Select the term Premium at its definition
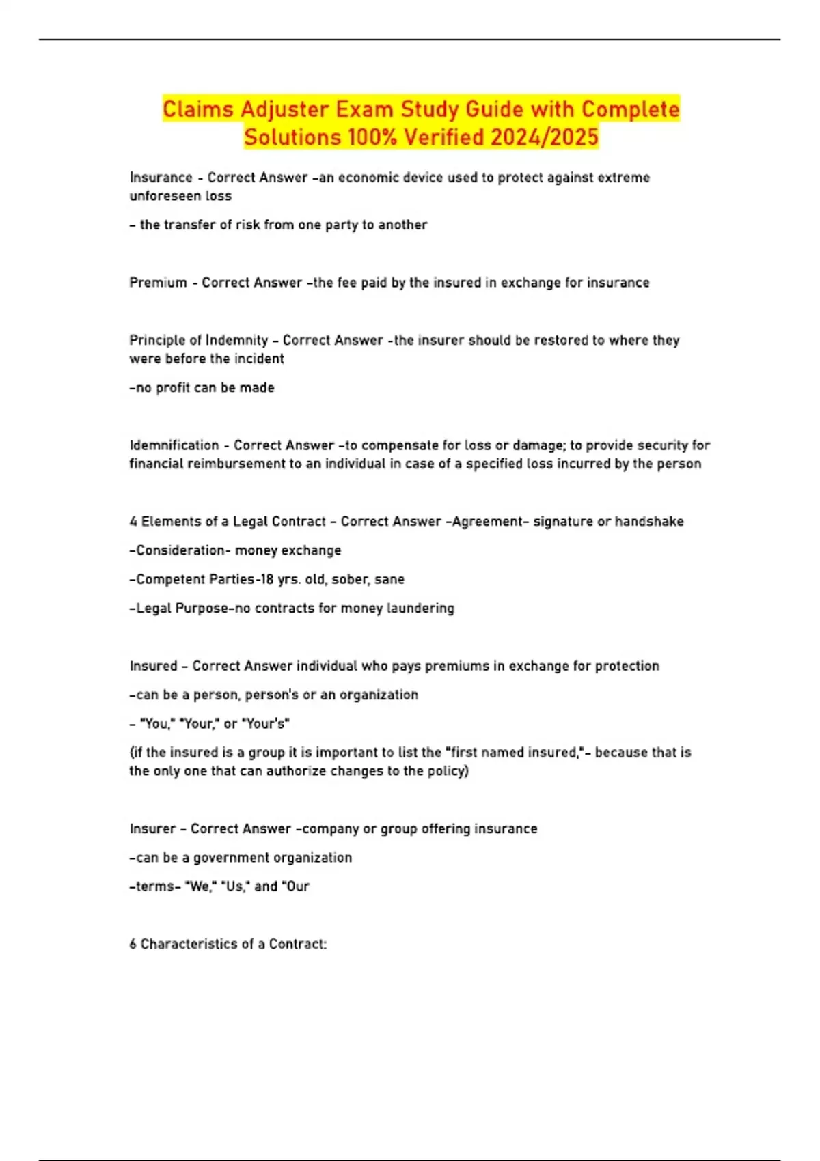tap(158, 283)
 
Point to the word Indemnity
tap(236, 340)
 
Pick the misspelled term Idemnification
tap(174, 445)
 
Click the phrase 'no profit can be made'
tap(202, 388)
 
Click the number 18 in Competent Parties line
tap(265, 580)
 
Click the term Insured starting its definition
tap(153, 666)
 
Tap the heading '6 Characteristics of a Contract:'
tap(228, 945)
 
